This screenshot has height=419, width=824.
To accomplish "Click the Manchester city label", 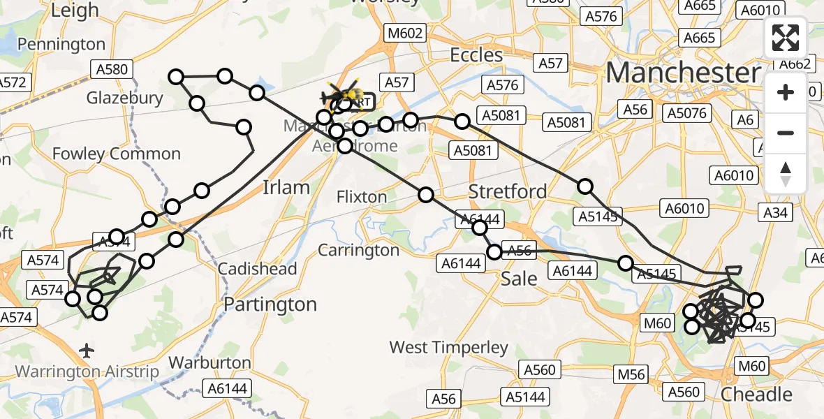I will [683, 73].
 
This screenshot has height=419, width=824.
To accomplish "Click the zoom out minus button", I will [786, 133].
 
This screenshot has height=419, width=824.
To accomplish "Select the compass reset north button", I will [786, 173].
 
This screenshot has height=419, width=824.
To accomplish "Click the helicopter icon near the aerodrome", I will [344, 96].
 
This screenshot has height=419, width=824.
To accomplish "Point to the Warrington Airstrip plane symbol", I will [87, 348].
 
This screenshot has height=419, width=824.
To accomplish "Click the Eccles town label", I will [476, 55].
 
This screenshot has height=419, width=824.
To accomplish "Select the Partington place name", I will [270, 304].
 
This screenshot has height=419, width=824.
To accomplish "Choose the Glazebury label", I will [124, 98].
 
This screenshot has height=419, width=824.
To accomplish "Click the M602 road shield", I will [405, 33].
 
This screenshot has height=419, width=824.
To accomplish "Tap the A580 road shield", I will [110, 68].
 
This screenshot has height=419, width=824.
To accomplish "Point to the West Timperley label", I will [449, 347].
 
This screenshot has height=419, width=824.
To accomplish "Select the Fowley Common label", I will [117, 154].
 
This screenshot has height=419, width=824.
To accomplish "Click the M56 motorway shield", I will [631, 374].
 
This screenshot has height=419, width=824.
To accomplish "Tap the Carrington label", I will [359, 250].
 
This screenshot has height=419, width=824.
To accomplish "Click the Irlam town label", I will [285, 187].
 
